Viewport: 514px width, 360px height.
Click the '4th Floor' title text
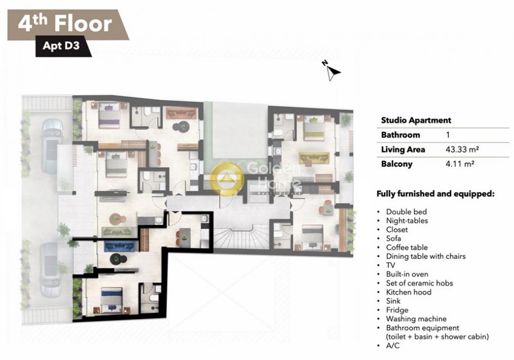point(65,24)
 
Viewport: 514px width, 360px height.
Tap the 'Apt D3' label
point(61,45)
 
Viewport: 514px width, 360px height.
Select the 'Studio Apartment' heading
point(416,120)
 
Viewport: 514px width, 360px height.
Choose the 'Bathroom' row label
point(400,135)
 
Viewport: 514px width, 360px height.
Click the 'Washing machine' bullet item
point(416,319)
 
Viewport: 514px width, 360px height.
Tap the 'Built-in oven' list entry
point(407,274)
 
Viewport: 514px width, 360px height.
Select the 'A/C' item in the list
point(393,346)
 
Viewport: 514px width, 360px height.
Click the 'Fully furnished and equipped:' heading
point(435,194)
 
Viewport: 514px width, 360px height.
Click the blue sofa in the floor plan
point(120,246)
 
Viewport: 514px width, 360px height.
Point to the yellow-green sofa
point(314,159)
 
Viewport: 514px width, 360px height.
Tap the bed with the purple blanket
point(109,114)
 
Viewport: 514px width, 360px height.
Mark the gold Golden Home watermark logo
point(227,178)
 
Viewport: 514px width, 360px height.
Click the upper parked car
point(52,146)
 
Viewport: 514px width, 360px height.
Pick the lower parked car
point(51,269)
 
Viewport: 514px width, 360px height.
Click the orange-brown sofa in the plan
point(181,113)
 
